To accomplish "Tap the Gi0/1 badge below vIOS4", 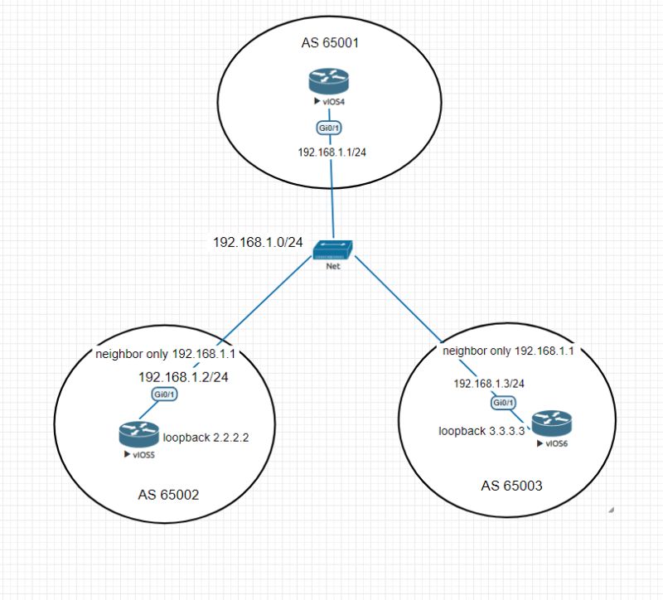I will coord(331,128).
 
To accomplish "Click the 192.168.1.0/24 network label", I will coord(258,242).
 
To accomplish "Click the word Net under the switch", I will coord(334,267).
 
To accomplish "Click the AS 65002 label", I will coord(169,496).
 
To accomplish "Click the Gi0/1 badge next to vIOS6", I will coord(503,403).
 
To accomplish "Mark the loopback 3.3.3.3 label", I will coord(482,431).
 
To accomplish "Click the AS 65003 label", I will coord(511,486).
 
